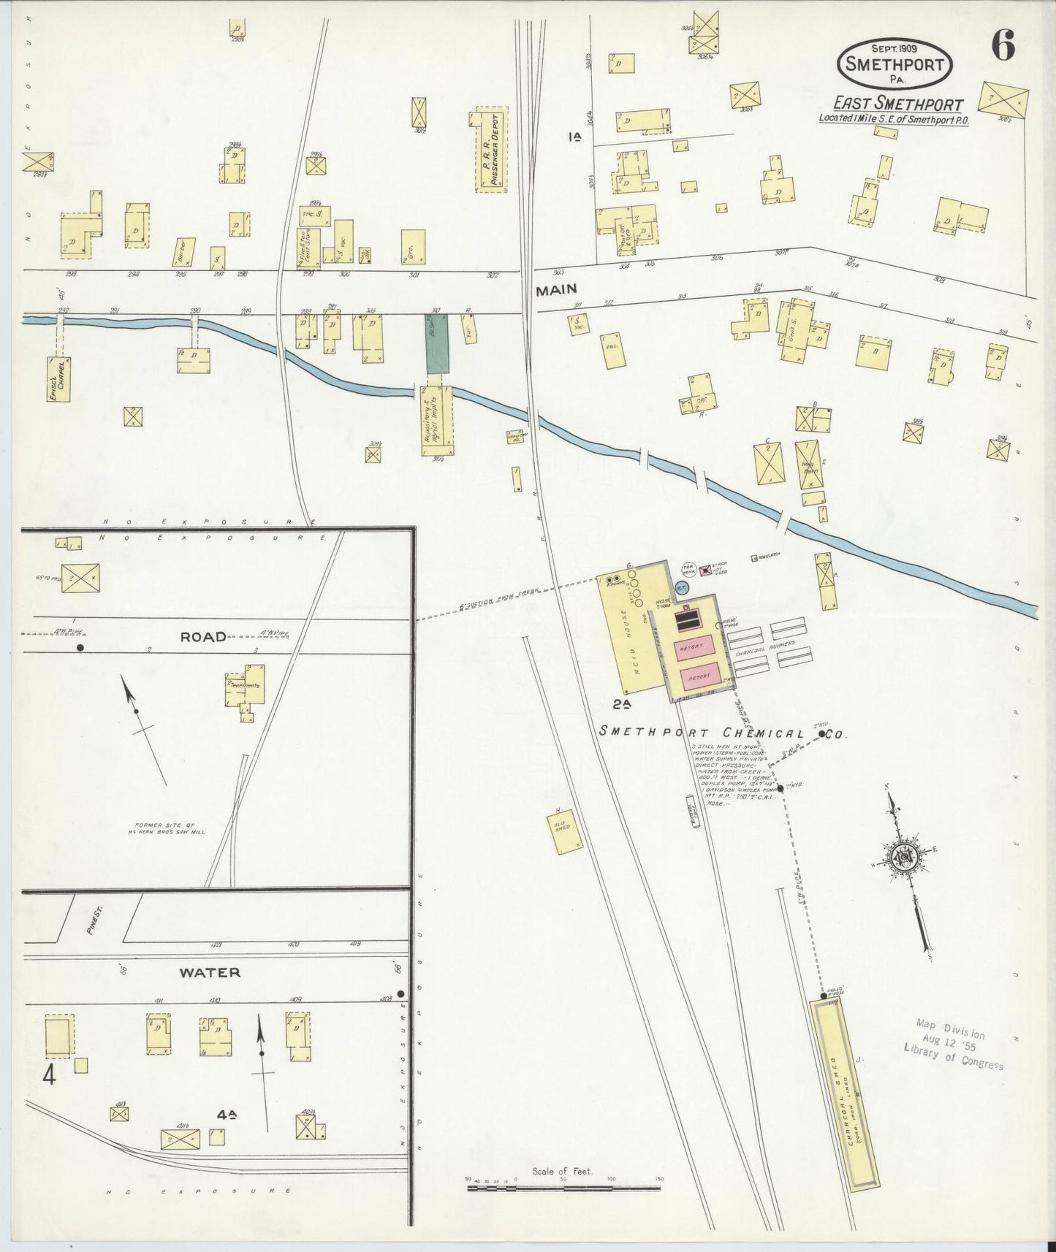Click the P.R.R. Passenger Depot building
(491, 151)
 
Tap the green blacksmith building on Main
(437, 343)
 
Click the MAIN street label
(556, 290)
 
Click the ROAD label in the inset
(204, 637)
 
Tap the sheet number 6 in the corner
(1003, 48)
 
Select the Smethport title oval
(894, 63)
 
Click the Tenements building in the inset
(246, 687)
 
